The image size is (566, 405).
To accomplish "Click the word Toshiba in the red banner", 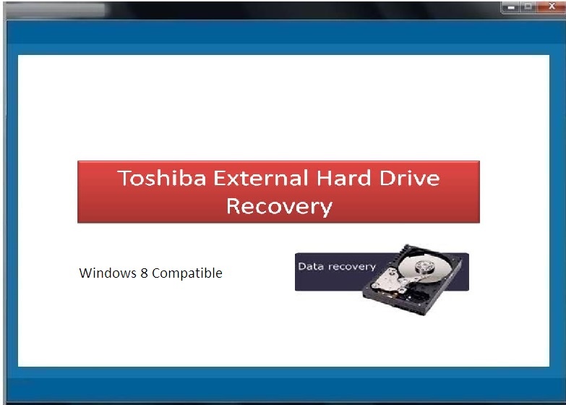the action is pos(162,178).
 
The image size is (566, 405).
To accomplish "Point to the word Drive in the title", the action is pos(409,178).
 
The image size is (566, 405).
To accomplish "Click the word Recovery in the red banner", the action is pos(279,207).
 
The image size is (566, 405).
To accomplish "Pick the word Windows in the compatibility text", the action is pos(108,273).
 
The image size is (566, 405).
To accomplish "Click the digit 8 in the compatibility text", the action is pos(144,273).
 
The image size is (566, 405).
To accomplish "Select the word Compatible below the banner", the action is pos(187,273).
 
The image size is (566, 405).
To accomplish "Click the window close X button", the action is pos(552,6).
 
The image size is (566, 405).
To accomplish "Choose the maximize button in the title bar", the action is pos(528,7).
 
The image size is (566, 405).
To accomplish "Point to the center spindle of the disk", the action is pos(422,265).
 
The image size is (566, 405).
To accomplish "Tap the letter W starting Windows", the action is pos(85,273).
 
